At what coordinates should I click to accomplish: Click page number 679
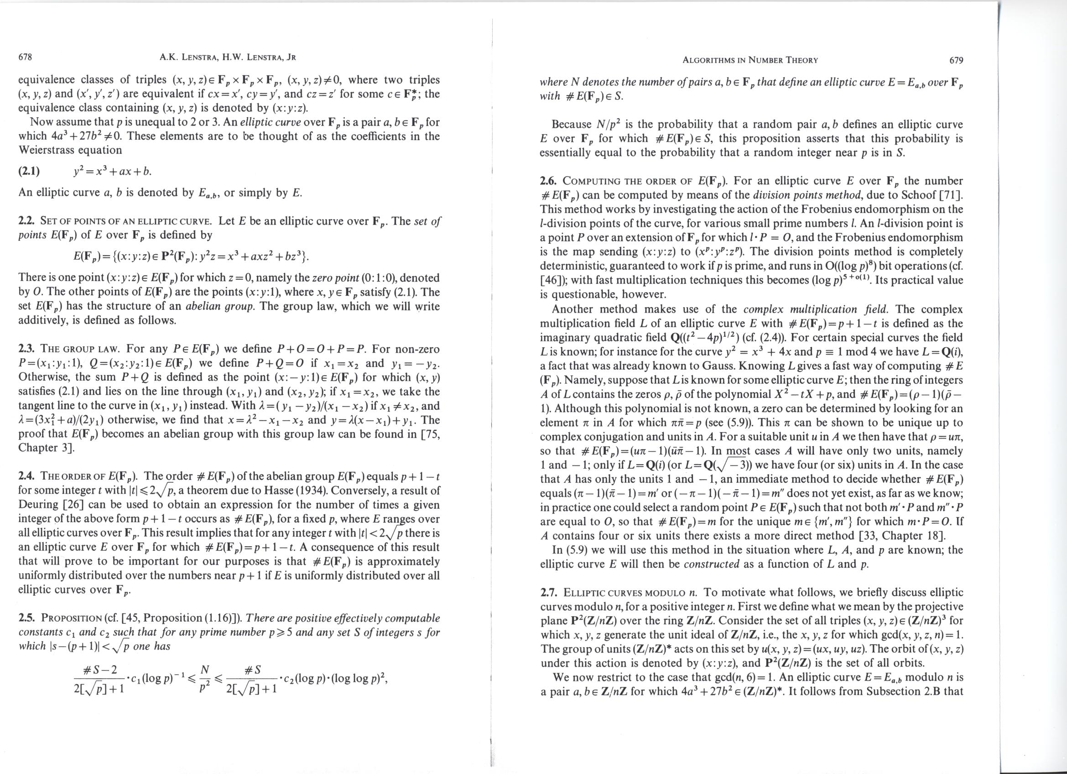coord(956,60)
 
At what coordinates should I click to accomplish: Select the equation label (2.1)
coord(29,171)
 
